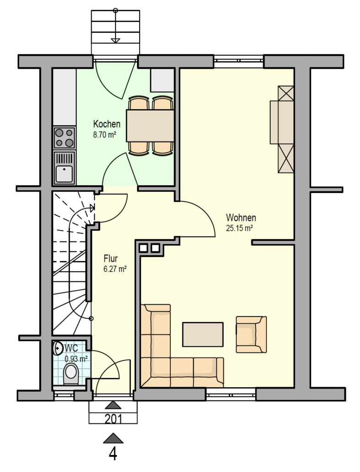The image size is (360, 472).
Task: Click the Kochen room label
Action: pos(107,124)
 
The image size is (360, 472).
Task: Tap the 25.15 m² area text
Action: pos(240,228)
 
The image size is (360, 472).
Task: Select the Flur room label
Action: pos(110,258)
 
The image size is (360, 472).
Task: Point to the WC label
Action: pos(71,348)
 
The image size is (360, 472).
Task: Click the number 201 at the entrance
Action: pos(114,419)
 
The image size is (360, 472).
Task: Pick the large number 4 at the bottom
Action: pos(113,454)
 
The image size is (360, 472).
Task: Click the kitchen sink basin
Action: pos(65,174)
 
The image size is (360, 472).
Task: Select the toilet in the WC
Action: pos(71,373)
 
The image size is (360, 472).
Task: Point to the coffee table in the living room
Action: pos(203,334)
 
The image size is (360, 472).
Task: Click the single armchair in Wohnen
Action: pos(251,335)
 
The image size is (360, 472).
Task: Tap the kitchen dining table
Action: pos(150,126)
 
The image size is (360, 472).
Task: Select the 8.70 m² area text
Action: pos(105,135)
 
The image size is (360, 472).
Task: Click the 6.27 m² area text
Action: pos(115,269)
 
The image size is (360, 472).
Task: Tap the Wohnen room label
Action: pos(241,217)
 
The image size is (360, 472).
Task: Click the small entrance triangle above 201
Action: pos(113,405)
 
